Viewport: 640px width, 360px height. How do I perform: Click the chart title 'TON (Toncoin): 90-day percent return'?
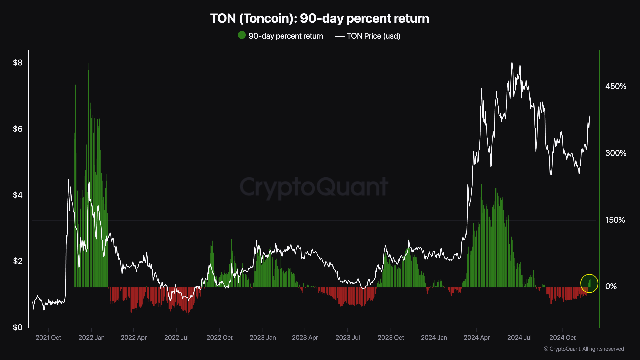coord(320,19)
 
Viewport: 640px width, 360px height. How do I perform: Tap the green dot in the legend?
coord(242,35)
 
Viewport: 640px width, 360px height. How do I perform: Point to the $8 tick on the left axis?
coord(18,63)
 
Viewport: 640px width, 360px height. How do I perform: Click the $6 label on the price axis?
coord(18,129)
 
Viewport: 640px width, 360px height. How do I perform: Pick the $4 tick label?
coord(18,195)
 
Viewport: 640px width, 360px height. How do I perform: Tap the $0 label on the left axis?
coord(18,328)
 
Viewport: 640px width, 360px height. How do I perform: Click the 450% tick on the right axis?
coord(616,87)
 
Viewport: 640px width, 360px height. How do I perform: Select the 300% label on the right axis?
coord(616,153)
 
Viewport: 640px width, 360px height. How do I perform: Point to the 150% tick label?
coord(616,220)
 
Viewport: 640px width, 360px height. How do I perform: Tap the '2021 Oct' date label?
coord(48,338)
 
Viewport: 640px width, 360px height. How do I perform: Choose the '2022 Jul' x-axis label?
coord(177,338)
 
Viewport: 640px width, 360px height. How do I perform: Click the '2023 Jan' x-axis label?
coord(263,338)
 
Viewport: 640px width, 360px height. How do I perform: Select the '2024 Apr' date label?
coord(477,338)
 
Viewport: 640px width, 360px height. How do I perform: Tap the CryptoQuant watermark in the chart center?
coord(314,187)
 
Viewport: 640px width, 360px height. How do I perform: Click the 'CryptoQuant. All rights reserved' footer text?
coord(584,349)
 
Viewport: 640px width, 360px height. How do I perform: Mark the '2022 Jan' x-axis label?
coord(92,338)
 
